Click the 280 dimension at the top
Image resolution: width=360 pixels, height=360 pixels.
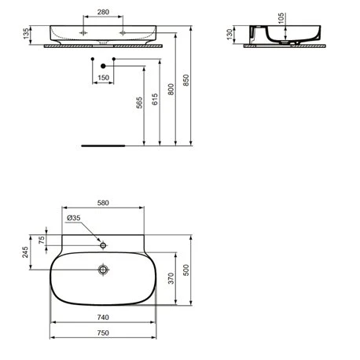(103, 13)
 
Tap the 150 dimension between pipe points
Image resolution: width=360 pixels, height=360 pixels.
(103, 77)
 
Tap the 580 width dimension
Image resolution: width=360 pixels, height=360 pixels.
(103, 201)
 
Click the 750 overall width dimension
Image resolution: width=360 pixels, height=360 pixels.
(103, 332)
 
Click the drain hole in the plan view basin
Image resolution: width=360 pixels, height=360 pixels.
(103, 270)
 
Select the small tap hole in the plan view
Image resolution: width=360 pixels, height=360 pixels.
(103, 244)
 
